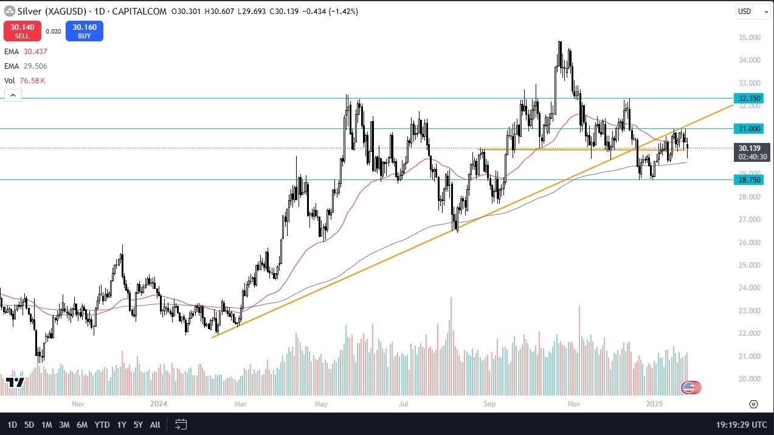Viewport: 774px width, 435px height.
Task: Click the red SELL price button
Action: [x=22, y=31]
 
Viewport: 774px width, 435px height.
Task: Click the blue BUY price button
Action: [x=85, y=31]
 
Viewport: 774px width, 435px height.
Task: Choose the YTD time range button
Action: [x=102, y=425]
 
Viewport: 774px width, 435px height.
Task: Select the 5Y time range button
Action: [x=138, y=425]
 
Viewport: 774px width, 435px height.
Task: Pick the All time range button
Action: [x=155, y=425]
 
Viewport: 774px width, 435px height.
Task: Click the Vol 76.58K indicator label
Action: [x=25, y=80]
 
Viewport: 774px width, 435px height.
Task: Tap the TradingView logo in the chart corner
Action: [x=15, y=382]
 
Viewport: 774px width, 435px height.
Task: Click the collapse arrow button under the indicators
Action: [x=13, y=95]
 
